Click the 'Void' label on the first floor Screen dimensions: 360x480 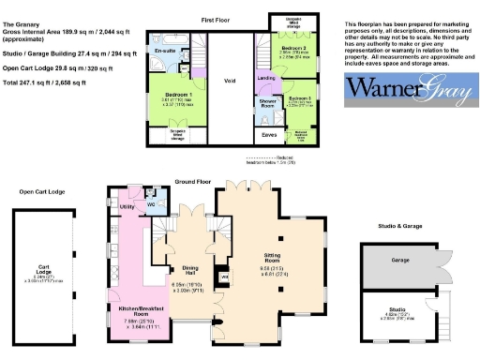click(230, 81)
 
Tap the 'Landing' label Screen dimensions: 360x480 click(266, 79)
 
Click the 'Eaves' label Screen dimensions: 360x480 click(269, 134)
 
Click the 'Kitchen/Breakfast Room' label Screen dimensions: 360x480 click(138, 310)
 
